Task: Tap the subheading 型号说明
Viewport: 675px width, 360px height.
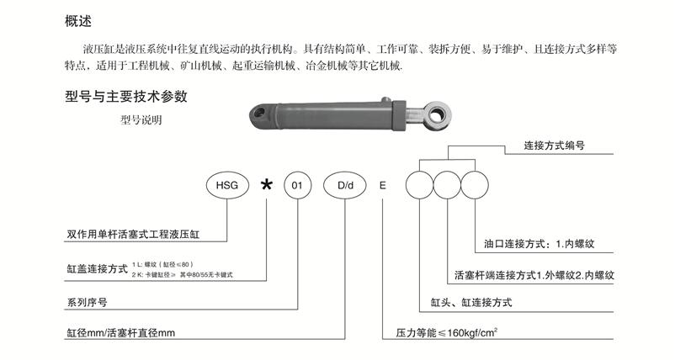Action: [141, 120]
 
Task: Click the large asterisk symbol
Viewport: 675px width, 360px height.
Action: [267, 184]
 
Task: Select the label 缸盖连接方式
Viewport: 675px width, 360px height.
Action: [96, 269]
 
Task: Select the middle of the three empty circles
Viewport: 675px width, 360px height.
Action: [448, 183]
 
